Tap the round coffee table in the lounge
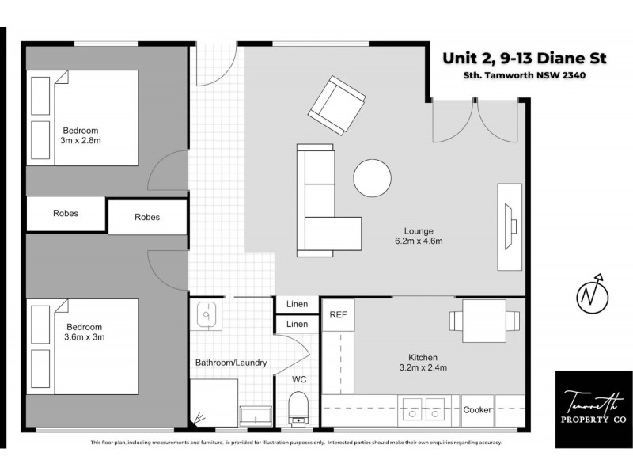pos(372,179)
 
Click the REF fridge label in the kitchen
pos(339,314)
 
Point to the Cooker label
pos(477,410)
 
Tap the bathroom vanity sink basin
pos(206,314)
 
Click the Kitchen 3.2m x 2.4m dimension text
pos(423,363)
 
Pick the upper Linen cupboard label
pos(297,305)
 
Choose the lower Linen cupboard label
pos(297,324)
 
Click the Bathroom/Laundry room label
pos(231,363)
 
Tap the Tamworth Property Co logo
pos(593,408)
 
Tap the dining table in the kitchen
pos(485,320)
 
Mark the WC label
pos(299,380)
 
